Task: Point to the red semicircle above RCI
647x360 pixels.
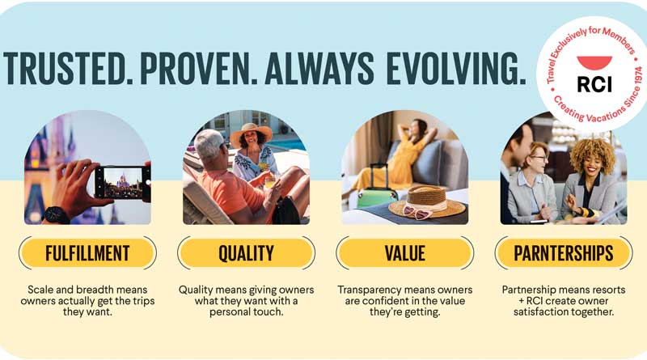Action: (x=594, y=62)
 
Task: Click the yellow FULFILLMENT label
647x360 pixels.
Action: (x=87, y=254)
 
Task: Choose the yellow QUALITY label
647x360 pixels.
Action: (x=246, y=254)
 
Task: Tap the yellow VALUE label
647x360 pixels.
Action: (x=404, y=254)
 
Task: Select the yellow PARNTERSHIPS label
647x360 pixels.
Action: (x=563, y=254)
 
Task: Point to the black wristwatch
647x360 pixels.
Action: (x=56, y=215)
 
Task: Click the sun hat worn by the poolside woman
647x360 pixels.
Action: (x=251, y=134)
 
